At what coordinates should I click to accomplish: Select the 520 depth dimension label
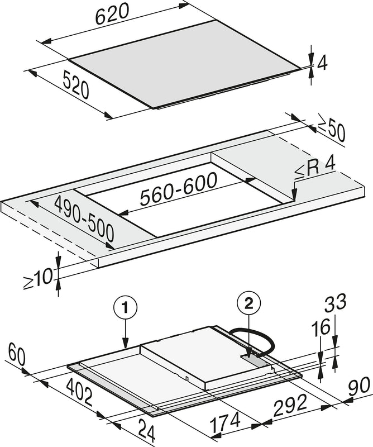(76, 85)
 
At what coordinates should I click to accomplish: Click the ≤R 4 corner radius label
(315, 170)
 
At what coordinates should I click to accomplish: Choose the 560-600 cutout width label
(179, 189)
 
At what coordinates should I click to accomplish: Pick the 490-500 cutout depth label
(84, 218)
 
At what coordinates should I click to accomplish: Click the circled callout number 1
(126, 308)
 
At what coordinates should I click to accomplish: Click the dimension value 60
(17, 354)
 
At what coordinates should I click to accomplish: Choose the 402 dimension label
(79, 392)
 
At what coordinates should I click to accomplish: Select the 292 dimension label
(291, 405)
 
